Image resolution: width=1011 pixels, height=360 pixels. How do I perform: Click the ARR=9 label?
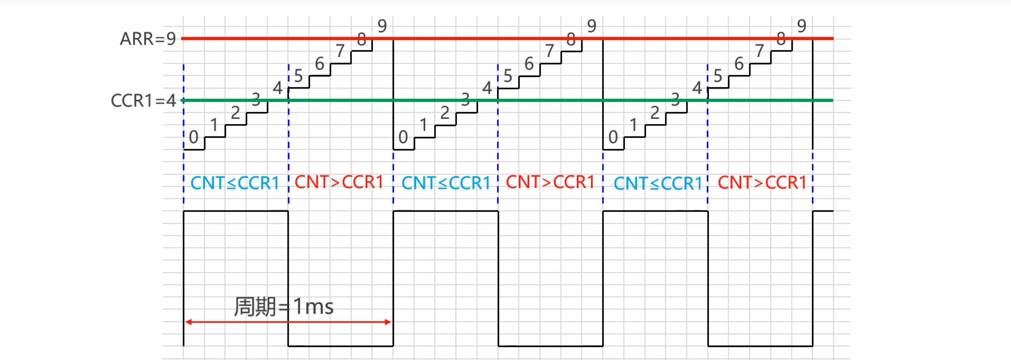pos(148,39)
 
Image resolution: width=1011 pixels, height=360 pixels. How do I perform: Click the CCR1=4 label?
pos(143,101)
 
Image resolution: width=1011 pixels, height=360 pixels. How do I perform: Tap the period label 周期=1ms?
pos(284,307)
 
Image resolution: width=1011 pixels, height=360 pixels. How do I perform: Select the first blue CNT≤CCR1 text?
pos(235,183)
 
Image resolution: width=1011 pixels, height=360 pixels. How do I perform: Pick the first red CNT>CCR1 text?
pos(339,182)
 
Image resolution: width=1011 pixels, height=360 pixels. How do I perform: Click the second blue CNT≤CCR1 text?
pos(446,183)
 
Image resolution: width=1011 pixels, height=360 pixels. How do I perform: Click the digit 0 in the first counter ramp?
pos(194,137)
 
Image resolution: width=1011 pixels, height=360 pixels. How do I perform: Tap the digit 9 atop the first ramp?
pos(382,26)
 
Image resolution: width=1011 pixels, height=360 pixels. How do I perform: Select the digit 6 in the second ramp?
pos(529,64)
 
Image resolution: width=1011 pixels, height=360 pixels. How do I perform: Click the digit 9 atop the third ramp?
pos(802,26)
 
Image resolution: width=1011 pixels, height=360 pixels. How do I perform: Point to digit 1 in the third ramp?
pos(634,125)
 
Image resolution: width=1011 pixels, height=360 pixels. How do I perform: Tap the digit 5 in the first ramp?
pos(298,76)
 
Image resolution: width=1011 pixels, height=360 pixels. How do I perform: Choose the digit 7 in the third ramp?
pos(759,51)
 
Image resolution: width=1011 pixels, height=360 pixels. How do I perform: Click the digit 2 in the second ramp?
pos(445,113)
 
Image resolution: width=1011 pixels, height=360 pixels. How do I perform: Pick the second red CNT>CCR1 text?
pos(550,182)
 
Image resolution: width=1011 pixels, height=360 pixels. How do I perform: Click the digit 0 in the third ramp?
pos(613,137)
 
